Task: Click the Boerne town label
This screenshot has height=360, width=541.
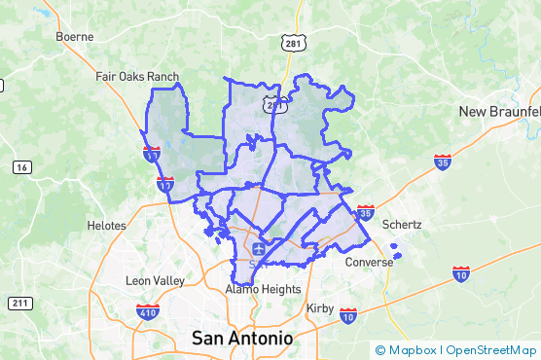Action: (x=75, y=37)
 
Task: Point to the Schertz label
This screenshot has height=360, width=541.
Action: (x=402, y=224)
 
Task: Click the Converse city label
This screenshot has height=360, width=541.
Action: (x=369, y=262)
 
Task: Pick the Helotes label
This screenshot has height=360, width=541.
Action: (x=106, y=226)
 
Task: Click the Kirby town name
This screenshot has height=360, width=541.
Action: (x=320, y=307)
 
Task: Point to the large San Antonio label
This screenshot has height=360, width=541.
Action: (x=241, y=338)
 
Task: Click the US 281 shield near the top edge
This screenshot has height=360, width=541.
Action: (x=294, y=44)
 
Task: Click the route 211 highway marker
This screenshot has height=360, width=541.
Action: (x=19, y=304)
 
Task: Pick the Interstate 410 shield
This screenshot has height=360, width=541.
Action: (x=148, y=312)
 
